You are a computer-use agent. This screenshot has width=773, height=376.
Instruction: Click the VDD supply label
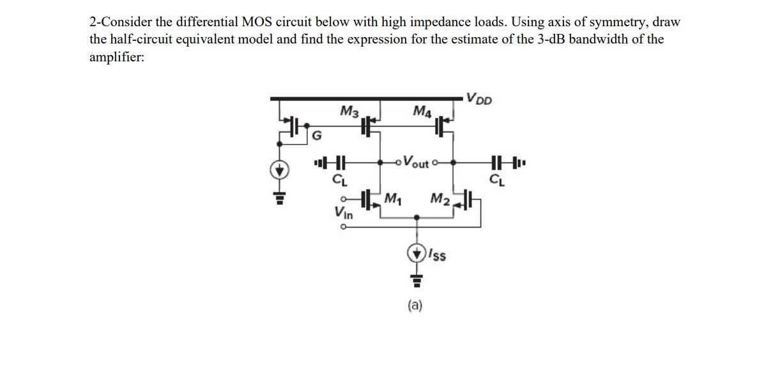coord(479,99)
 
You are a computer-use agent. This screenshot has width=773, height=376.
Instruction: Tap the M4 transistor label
coord(422,113)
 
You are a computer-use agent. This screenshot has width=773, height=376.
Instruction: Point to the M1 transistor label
coord(392,198)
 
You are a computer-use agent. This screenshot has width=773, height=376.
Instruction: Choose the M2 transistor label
coord(441,199)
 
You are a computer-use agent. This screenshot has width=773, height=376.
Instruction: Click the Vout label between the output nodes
coord(417,163)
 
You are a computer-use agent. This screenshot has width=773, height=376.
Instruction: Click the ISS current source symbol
coord(417,252)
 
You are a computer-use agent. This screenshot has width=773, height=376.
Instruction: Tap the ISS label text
coord(437,255)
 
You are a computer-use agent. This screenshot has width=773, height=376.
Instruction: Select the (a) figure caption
coord(415,306)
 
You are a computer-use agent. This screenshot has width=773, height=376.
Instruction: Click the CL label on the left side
coord(339,178)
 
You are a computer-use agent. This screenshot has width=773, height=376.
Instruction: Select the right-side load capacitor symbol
coord(499,162)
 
